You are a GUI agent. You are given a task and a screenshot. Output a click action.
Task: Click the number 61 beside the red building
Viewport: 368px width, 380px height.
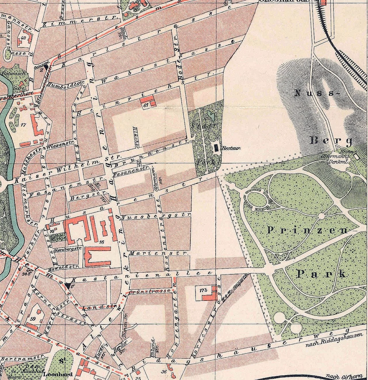[x=146, y=105]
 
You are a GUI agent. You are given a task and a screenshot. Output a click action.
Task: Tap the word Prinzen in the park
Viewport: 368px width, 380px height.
[x=310, y=231]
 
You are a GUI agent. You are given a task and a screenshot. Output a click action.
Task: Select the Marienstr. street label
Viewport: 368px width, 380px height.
[x=159, y=254]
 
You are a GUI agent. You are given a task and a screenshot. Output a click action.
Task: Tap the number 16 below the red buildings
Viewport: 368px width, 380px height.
[x=101, y=242]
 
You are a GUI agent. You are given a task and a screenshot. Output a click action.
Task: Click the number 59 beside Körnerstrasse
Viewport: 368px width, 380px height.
[x=32, y=319]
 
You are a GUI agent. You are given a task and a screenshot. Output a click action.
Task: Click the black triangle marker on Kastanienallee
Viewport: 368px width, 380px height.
[x=68, y=285]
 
